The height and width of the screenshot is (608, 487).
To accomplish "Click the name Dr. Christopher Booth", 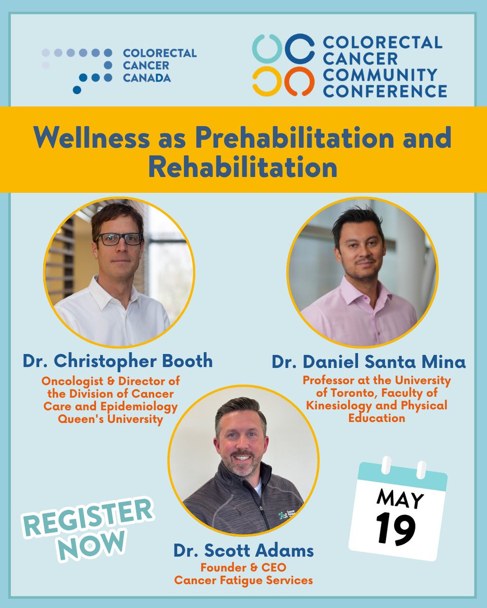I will [x=118, y=361].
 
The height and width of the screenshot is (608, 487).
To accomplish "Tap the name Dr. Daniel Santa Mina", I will [x=369, y=362].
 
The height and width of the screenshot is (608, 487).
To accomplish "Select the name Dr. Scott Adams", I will [x=243, y=550].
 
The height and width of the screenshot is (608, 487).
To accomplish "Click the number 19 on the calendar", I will [x=396, y=528].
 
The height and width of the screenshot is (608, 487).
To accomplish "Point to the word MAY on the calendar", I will [x=400, y=499].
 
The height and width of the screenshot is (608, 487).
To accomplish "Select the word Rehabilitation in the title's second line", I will [x=242, y=168].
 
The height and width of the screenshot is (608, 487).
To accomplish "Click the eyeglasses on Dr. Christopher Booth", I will [x=120, y=239].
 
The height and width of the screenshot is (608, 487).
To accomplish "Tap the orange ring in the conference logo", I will [x=299, y=82].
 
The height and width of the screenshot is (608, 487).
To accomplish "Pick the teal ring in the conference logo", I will [x=267, y=49].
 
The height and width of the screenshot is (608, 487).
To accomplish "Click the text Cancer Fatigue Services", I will [x=243, y=580].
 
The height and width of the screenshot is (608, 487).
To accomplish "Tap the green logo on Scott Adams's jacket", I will [x=283, y=516].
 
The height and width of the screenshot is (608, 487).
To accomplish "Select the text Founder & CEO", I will [x=243, y=567].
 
